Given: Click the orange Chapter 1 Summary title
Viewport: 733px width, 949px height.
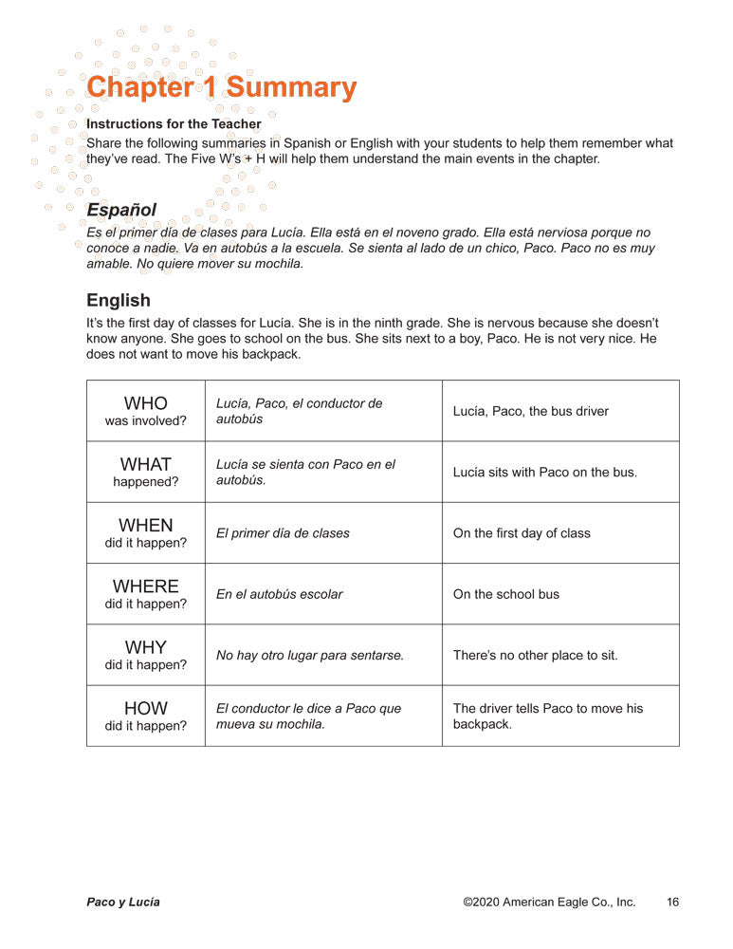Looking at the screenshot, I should tap(221, 87).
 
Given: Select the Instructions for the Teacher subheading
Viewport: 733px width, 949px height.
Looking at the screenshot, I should tap(174, 124).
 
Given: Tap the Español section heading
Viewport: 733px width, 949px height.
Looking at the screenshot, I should tap(121, 209).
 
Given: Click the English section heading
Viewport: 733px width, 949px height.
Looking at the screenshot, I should tap(119, 300).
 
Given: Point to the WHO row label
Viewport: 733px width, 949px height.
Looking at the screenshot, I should tap(146, 404).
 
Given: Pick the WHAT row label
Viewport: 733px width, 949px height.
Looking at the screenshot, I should tap(146, 465).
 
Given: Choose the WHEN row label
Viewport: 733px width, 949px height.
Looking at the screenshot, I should tap(146, 526).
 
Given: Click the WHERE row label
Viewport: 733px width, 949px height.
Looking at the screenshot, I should tap(146, 586).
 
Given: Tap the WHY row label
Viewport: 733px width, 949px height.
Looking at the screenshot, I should tap(146, 647).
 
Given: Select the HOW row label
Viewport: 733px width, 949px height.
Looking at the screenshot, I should tap(146, 708).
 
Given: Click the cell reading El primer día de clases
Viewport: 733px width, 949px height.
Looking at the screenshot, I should tap(283, 533).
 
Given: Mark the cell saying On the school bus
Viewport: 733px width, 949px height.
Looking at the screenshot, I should tap(506, 594).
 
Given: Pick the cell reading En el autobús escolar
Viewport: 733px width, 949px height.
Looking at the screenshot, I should tap(280, 594).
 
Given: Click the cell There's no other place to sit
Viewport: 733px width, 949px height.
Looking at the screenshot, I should tap(536, 655).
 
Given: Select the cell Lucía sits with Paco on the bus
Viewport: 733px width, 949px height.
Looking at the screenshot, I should tap(545, 472).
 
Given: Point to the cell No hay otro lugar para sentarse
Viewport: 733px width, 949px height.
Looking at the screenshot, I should tap(310, 655).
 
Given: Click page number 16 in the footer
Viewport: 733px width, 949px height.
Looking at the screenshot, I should tap(672, 902).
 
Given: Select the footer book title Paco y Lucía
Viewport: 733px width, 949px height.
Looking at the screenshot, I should tap(123, 902).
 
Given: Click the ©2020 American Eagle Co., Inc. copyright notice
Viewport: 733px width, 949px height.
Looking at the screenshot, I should tap(549, 902).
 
